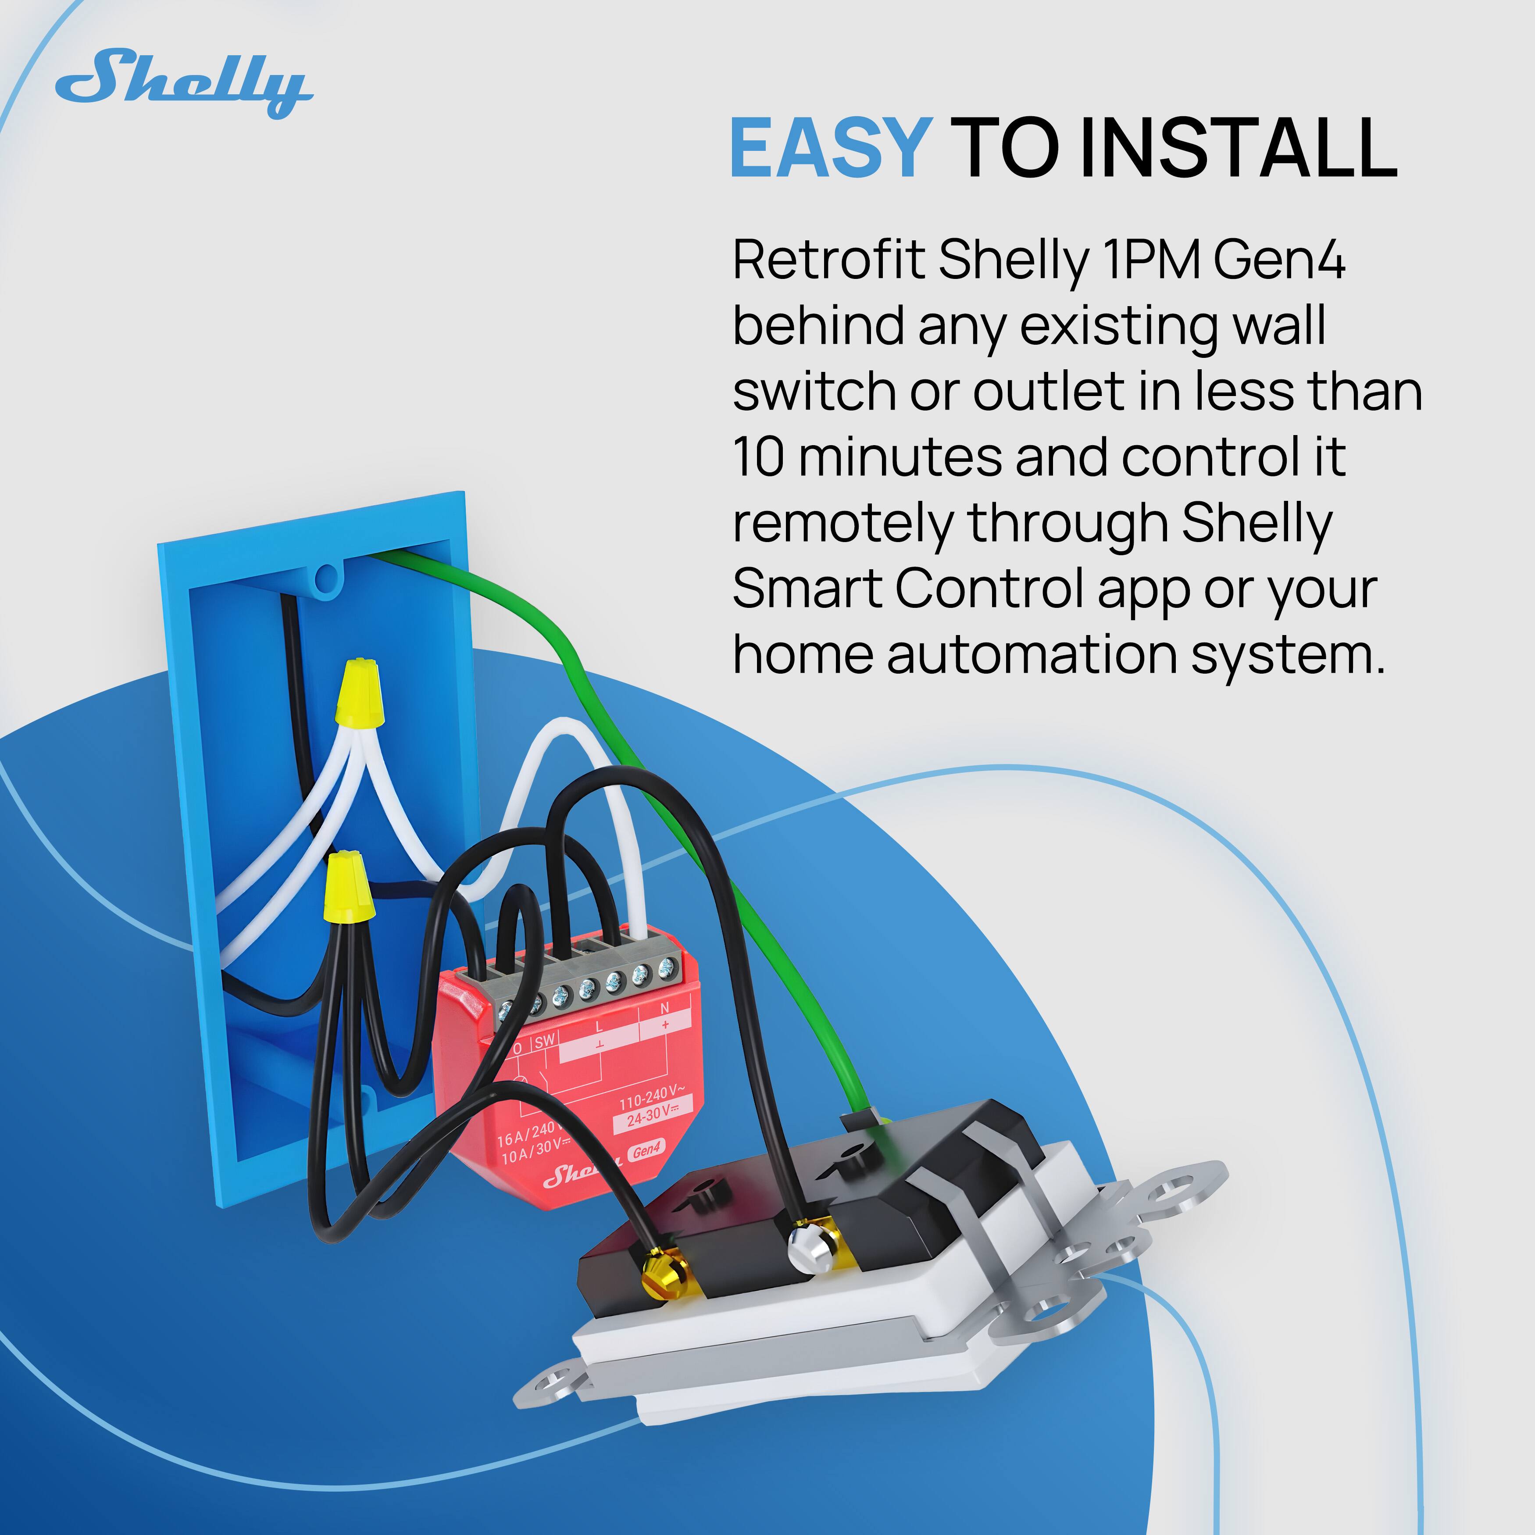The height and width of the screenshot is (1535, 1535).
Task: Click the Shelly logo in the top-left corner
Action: pos(184,83)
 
